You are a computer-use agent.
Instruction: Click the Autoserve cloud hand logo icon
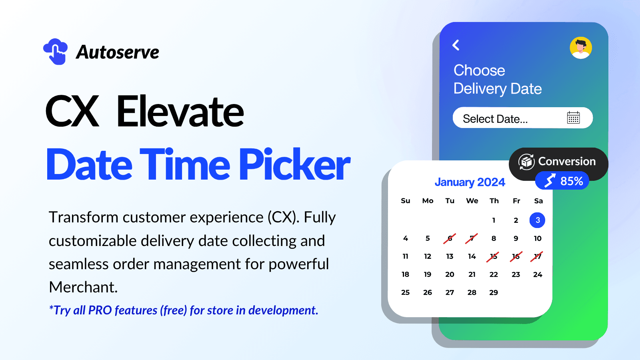[x=56, y=52]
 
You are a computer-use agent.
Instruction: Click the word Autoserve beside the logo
[x=118, y=52]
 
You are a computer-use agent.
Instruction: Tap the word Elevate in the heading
[x=180, y=112]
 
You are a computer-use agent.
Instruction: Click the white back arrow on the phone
[x=456, y=45]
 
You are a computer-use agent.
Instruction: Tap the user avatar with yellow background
[x=581, y=48]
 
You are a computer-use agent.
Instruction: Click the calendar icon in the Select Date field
[x=573, y=118]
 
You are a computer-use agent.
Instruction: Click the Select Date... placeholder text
[x=495, y=119]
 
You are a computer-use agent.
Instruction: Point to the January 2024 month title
[x=470, y=182]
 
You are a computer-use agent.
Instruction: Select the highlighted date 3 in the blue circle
[x=537, y=220]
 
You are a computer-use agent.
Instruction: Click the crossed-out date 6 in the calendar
[x=450, y=238]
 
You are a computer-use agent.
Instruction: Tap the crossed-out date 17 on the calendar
[x=537, y=256]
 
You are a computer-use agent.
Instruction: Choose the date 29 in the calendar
[x=494, y=292]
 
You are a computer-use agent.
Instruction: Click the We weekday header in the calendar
[x=472, y=201]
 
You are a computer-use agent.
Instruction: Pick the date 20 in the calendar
[x=450, y=274]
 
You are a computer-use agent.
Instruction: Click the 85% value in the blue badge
[x=572, y=181]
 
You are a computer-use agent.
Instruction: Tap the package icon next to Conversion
[x=526, y=162]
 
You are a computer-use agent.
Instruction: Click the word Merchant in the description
[x=82, y=287]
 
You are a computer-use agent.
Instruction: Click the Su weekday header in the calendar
[x=405, y=201]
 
